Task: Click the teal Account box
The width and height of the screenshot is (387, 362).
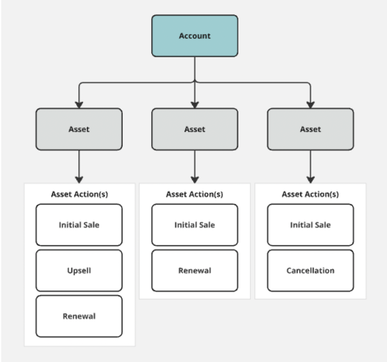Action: (195, 36)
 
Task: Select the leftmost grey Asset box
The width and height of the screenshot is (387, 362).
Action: (79, 129)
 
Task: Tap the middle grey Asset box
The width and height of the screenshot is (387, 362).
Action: (195, 129)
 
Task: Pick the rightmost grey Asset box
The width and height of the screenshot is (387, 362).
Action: (310, 129)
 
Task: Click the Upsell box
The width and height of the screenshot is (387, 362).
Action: (79, 270)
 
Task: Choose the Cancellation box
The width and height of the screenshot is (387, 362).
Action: (310, 270)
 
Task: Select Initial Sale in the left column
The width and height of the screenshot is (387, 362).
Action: (79, 225)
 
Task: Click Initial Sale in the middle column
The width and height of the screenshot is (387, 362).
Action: (195, 225)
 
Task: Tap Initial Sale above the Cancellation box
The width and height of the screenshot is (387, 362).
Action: (310, 225)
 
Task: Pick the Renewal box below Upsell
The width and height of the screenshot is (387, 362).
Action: (79, 316)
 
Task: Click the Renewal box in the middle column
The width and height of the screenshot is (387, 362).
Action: (195, 270)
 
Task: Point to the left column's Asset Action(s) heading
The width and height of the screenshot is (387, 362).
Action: (80, 194)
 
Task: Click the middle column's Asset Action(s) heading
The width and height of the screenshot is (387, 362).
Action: (195, 194)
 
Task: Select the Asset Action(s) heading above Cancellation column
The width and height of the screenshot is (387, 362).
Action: (310, 194)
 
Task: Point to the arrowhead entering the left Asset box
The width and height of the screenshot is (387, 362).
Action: (79, 105)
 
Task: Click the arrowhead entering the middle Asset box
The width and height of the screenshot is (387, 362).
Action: (195, 105)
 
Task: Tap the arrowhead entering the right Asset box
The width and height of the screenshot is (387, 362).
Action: (310, 105)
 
